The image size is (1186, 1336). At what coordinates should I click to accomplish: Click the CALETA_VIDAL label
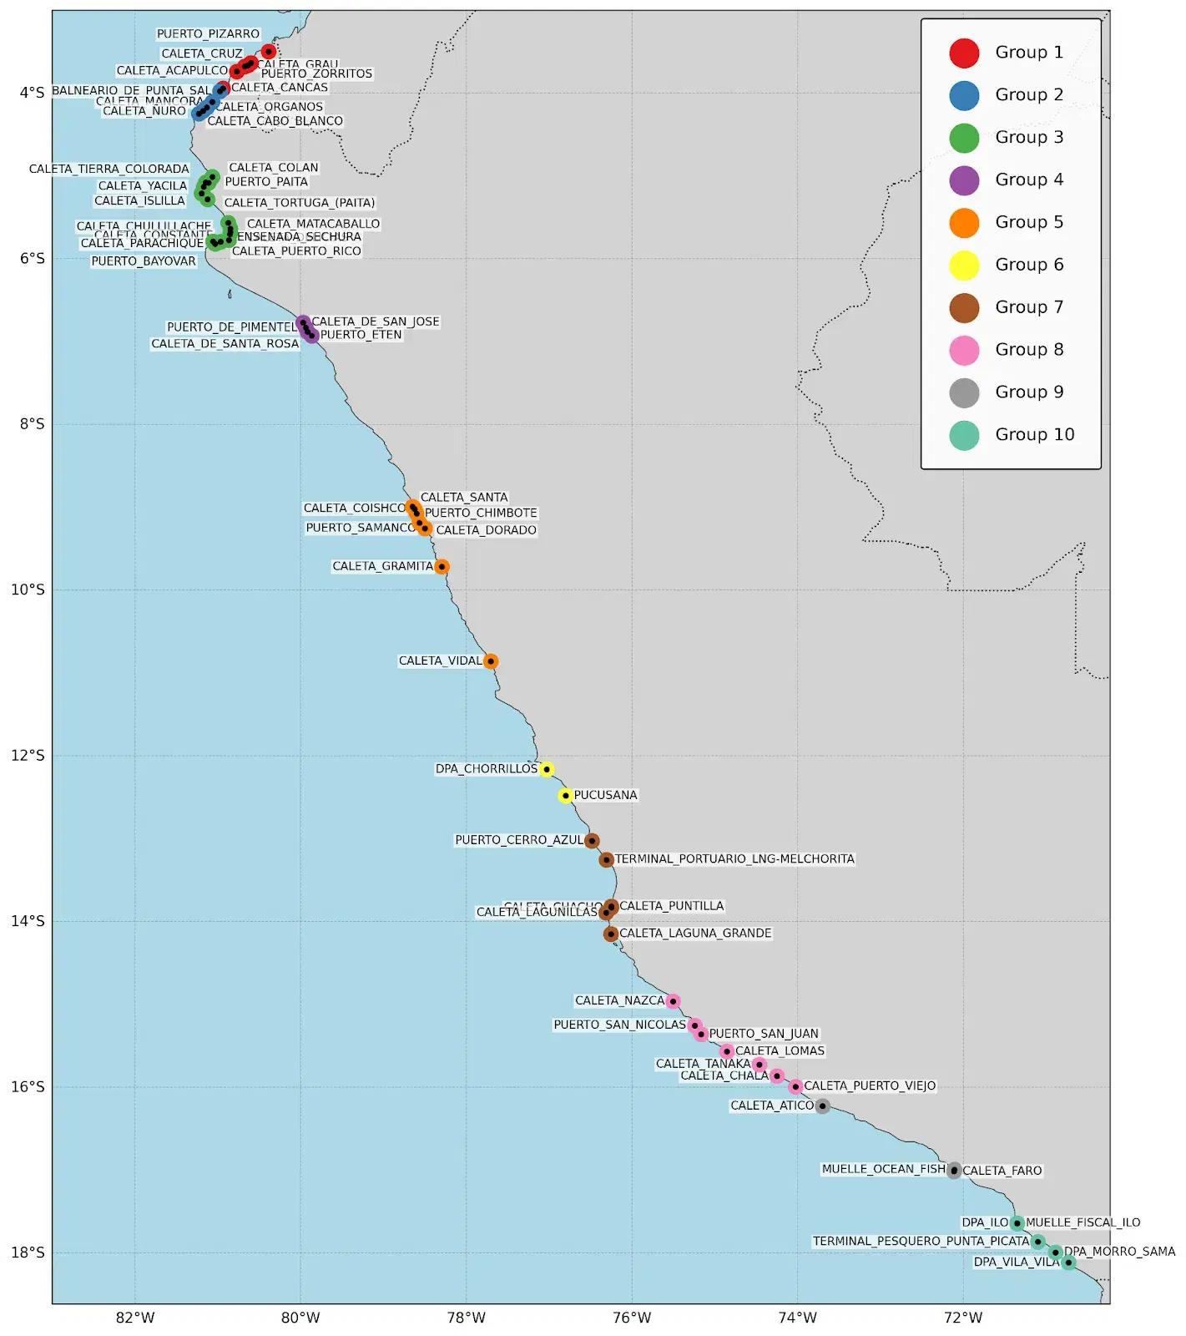[x=440, y=660]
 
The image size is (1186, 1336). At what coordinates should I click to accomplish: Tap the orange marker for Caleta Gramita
[x=442, y=567]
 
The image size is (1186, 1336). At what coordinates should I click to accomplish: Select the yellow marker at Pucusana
[x=566, y=796]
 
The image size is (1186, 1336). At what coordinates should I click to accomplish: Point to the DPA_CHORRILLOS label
[x=486, y=769]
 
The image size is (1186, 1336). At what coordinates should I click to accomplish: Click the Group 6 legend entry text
[x=1029, y=265]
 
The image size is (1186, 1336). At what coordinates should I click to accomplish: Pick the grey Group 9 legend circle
[x=964, y=392]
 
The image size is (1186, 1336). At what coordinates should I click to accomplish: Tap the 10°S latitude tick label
[x=28, y=590]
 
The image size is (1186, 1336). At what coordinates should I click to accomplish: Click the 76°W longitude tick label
[x=632, y=1318]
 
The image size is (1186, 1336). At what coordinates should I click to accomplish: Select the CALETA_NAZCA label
[x=619, y=1000]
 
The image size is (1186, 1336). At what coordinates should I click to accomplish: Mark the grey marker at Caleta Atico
[x=822, y=1106]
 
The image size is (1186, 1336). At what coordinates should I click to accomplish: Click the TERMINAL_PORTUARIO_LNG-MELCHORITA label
[x=734, y=859]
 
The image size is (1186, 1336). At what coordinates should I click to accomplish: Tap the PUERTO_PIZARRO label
[x=208, y=34]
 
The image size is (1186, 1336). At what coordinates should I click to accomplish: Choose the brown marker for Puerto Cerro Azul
[x=592, y=841]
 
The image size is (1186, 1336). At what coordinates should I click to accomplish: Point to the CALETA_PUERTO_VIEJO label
[x=870, y=1086]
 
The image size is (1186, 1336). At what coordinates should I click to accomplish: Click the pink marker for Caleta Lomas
[x=727, y=1051]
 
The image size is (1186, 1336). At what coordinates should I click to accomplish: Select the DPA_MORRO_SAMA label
[x=1119, y=1252]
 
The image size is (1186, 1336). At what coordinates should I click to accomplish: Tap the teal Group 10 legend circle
[x=964, y=435]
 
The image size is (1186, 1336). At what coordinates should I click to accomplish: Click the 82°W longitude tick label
[x=135, y=1318]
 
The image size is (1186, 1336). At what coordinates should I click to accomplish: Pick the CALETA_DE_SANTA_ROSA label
[x=225, y=344]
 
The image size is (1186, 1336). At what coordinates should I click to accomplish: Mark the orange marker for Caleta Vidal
[x=491, y=661]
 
